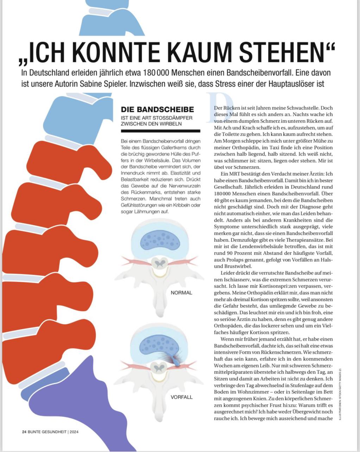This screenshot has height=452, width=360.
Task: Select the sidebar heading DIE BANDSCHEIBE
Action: pyautogui.click(x=157, y=109)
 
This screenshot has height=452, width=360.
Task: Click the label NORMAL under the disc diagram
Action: pyautogui.click(x=181, y=293)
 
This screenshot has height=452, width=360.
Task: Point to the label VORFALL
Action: pyautogui.click(x=182, y=397)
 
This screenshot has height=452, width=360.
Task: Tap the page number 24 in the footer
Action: pyautogui.click(x=24, y=432)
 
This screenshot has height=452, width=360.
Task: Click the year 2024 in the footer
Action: pyautogui.click(x=74, y=432)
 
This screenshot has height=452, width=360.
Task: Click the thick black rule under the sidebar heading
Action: pyautogui.click(x=160, y=131)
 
